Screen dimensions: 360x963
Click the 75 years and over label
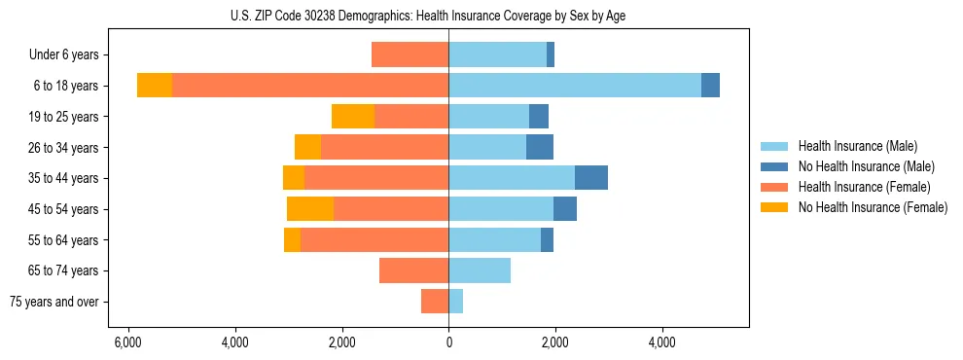(x=54, y=302)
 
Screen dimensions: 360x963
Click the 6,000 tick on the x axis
(x=127, y=343)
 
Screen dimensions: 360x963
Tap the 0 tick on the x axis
(x=448, y=343)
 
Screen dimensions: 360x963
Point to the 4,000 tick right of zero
(x=661, y=343)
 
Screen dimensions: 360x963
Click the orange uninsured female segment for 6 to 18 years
(x=155, y=86)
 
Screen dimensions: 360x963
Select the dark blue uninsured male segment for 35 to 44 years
(x=591, y=178)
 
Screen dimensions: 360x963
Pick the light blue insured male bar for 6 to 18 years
(x=575, y=86)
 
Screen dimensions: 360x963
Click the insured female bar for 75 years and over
(x=435, y=302)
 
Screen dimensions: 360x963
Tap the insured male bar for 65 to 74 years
(x=480, y=270)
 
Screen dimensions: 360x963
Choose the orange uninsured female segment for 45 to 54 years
(x=310, y=209)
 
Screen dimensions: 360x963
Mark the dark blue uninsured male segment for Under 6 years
(x=551, y=55)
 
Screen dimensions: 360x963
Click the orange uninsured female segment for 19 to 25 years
(x=353, y=117)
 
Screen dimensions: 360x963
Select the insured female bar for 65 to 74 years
(x=413, y=270)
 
